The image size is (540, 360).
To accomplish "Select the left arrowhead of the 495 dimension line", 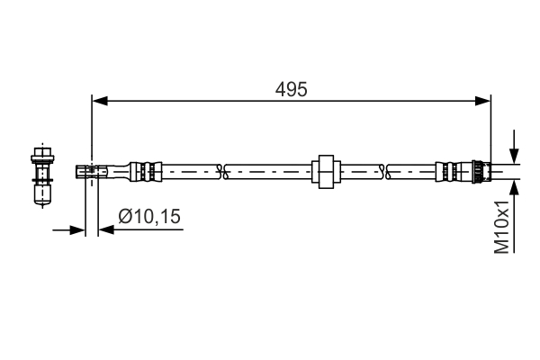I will (99, 102).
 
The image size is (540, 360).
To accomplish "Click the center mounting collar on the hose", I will (325, 170).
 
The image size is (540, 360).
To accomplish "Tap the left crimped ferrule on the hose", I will (146, 169).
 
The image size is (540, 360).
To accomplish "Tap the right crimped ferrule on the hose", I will (447, 169).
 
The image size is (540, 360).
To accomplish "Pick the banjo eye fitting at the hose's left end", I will (91, 169).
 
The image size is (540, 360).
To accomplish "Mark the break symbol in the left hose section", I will (225, 169).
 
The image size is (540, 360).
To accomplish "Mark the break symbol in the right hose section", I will (385, 169).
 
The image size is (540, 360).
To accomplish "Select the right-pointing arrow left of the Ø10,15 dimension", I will (78, 230).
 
